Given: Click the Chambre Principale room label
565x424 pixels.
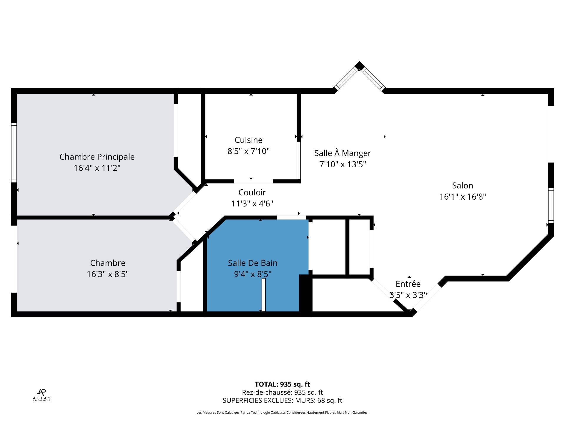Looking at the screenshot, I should tap(97, 157).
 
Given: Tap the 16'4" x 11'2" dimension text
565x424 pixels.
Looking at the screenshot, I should tap(97, 168).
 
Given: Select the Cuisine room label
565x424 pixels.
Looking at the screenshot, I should tap(248, 140).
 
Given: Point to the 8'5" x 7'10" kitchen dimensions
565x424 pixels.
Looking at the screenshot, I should tap(248, 151).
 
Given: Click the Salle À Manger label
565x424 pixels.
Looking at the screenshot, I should tap(343, 153).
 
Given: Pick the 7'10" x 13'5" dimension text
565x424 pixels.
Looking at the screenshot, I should tap(343, 164).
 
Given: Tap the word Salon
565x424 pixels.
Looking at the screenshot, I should tap(463, 185).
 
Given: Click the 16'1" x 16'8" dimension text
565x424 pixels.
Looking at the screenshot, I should tap(463, 197).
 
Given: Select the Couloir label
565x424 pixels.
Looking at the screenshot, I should tap(252, 192).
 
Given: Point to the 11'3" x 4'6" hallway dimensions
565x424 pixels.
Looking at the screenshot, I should tap(252, 203).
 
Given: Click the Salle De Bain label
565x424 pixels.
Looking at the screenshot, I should tap(252, 263).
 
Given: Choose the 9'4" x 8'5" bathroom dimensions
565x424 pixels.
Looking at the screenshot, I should tap(252, 274).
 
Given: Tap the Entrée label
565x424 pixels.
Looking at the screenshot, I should tap(408, 284).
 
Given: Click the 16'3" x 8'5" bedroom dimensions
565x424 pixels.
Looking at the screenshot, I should tap(108, 274).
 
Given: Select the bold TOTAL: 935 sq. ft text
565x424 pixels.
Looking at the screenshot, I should tap(282, 384).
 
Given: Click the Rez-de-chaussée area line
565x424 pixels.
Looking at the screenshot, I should tap(282, 392).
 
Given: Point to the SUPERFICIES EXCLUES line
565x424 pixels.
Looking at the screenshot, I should tap(282, 400).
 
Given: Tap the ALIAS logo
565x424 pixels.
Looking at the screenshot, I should tap(42, 395).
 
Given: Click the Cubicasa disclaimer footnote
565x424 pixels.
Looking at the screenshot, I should tap(282, 413).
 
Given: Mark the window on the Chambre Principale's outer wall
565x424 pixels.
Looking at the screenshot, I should tap(14, 153).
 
